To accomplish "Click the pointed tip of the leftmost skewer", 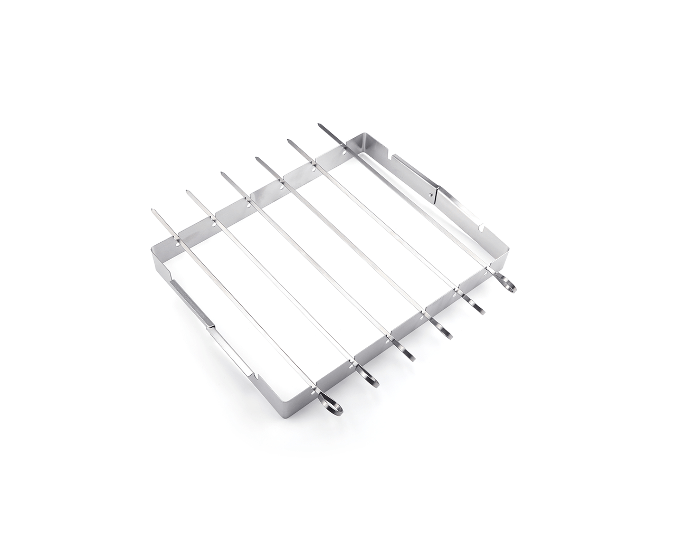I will coord(152,210).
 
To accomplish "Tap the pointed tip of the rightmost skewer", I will coord(319,125).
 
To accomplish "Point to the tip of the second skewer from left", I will coord(187,192).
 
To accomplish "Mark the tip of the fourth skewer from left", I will coord(256,157).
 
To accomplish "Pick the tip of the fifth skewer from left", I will coord(289,140).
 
